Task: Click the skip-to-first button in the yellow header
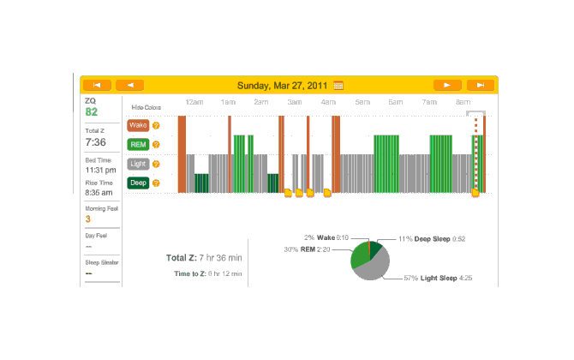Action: (x=97, y=85)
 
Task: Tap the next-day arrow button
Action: (x=447, y=85)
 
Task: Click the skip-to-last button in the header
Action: (x=481, y=85)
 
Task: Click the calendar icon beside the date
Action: (x=338, y=85)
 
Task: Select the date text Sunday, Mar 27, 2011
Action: (x=283, y=85)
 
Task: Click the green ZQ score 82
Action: (x=92, y=112)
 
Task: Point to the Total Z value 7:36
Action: (x=95, y=142)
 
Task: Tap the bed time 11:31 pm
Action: (x=99, y=170)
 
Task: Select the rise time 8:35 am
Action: (x=99, y=193)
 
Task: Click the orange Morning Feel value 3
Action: (x=87, y=219)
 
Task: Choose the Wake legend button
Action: (x=138, y=125)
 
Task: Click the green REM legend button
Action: (x=138, y=144)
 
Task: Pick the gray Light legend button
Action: (x=138, y=163)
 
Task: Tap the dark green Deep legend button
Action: (x=138, y=182)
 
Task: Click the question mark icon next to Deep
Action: (x=157, y=182)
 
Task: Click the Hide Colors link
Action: (x=146, y=107)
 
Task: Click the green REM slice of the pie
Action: (x=358, y=255)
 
